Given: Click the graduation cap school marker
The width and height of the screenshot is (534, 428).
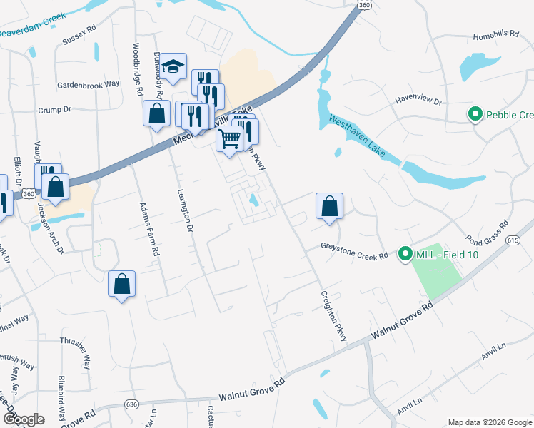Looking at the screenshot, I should (173, 66).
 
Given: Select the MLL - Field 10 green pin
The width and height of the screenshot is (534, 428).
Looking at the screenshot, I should (405, 253).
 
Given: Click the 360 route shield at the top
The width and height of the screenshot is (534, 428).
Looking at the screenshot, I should (365, 5).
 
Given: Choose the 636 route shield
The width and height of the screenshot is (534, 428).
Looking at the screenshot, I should (131, 404).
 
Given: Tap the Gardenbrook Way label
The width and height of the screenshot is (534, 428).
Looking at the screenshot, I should (89, 83).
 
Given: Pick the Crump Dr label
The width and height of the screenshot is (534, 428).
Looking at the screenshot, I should (55, 109).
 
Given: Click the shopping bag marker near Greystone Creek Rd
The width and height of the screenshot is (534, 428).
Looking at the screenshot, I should (329, 205).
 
